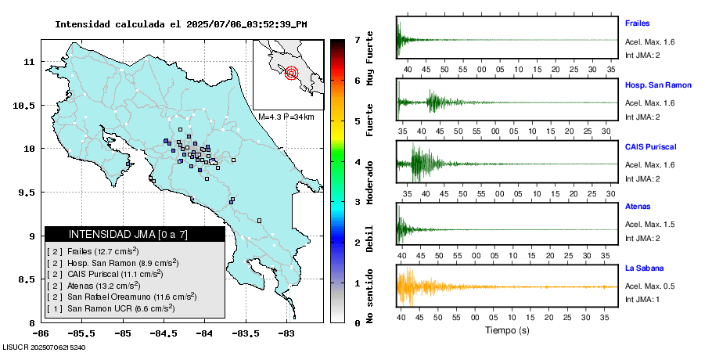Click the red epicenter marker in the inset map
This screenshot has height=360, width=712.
click(292, 74)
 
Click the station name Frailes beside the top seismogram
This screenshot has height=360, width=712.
click(637, 23)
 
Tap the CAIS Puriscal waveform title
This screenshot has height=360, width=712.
click(650, 146)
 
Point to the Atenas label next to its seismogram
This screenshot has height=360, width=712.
click(636, 207)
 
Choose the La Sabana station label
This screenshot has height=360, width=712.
click(643, 268)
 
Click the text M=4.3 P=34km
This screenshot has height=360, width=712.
click(286, 117)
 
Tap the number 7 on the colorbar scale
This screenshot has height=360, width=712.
click(357, 39)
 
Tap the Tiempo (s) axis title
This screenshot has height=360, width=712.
click(507, 330)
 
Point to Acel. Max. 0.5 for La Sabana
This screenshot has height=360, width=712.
click(649, 286)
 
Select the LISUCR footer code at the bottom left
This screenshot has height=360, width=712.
click(45, 347)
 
